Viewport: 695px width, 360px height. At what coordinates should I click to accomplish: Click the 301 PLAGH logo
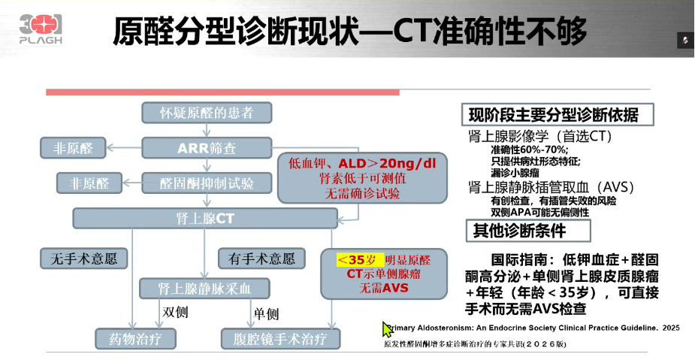pyautogui.click(x=41, y=29)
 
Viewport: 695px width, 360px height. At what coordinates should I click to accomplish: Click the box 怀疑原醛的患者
pyautogui.click(x=207, y=113)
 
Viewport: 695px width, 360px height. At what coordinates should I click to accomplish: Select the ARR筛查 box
pyautogui.click(x=207, y=147)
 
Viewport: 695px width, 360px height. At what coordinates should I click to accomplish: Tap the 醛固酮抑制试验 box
pyautogui.click(x=207, y=183)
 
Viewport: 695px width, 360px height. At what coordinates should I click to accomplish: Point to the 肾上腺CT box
pyautogui.click(x=205, y=219)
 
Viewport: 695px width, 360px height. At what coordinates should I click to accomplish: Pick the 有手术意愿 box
pyautogui.click(x=261, y=259)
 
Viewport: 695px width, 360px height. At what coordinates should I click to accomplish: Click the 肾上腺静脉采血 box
pyautogui.click(x=204, y=289)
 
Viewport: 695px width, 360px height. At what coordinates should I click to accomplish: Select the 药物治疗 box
pyautogui.click(x=136, y=339)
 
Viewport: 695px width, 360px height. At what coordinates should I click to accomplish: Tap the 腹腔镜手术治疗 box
pyautogui.click(x=280, y=339)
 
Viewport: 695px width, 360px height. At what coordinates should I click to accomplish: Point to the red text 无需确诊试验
pyautogui.click(x=362, y=194)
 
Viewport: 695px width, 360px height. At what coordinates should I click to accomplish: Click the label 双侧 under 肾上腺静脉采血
pyautogui.click(x=174, y=312)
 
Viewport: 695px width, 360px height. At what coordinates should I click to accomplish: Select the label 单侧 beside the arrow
pyautogui.click(x=266, y=314)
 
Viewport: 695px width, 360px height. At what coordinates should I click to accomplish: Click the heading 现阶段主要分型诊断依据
pyautogui.click(x=554, y=115)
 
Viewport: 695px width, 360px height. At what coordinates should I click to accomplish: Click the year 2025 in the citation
pyautogui.click(x=671, y=328)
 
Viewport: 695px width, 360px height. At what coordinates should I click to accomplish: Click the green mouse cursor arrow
pyautogui.click(x=388, y=330)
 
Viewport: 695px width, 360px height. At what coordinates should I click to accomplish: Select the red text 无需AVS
pyautogui.click(x=384, y=288)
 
